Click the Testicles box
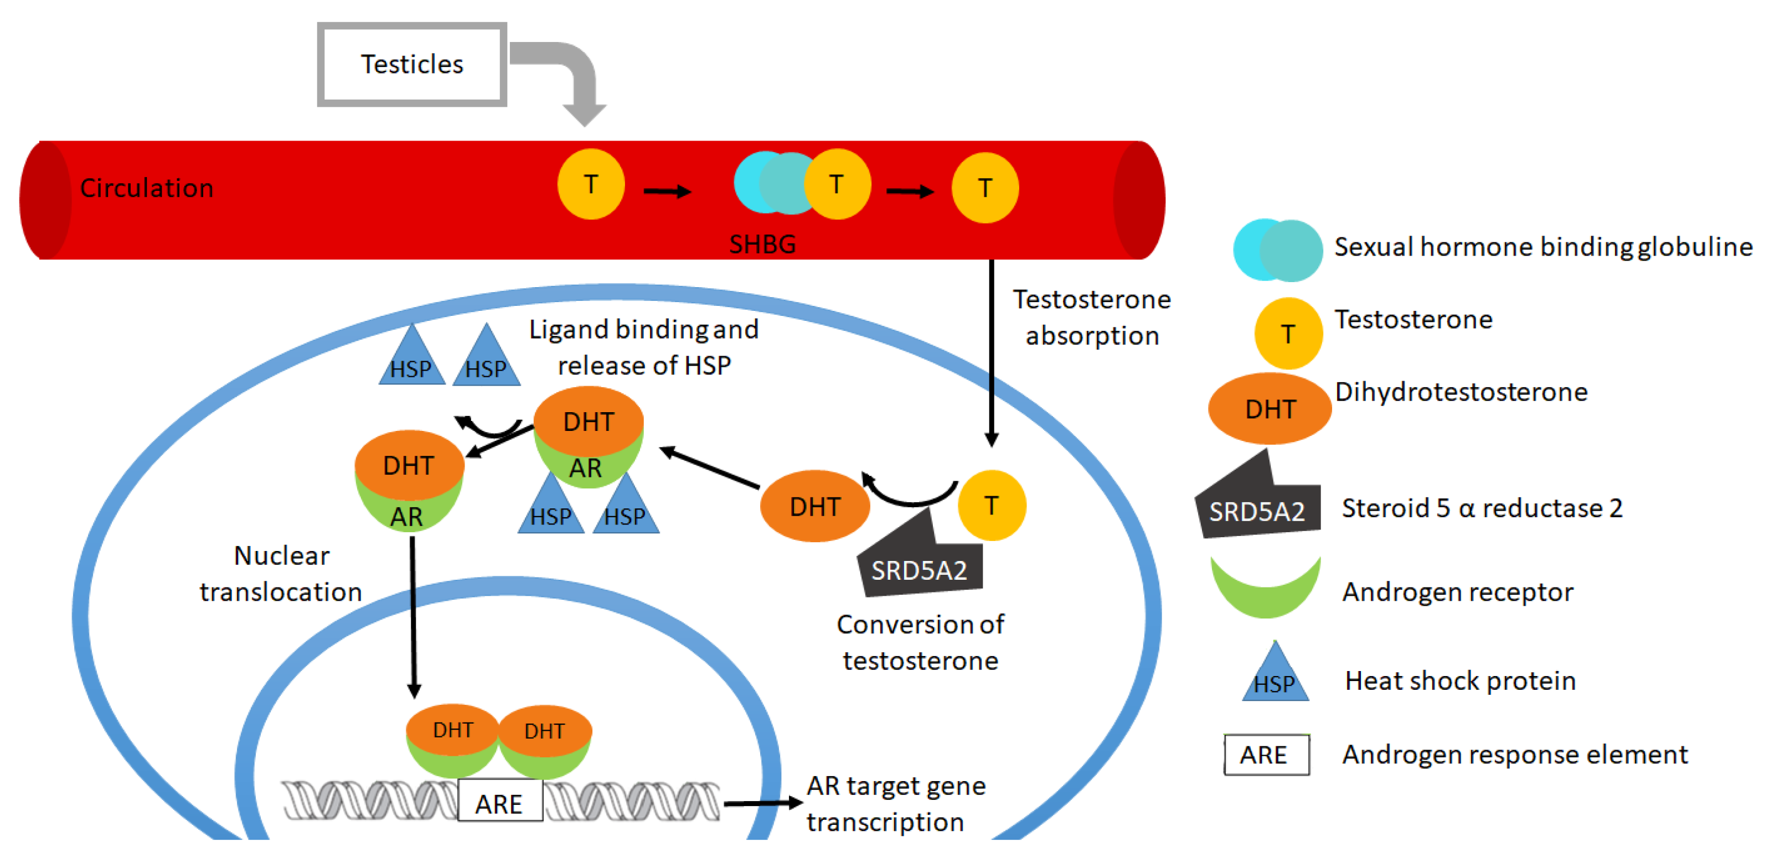click(x=411, y=64)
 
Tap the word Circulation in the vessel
click(x=146, y=188)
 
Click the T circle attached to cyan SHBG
click(x=837, y=185)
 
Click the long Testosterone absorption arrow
click(x=991, y=351)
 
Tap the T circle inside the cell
click(x=991, y=506)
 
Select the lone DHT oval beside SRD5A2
click(x=814, y=506)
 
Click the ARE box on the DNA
click(x=499, y=802)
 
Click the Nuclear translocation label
click(x=281, y=573)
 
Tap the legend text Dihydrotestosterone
click(x=1461, y=392)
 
